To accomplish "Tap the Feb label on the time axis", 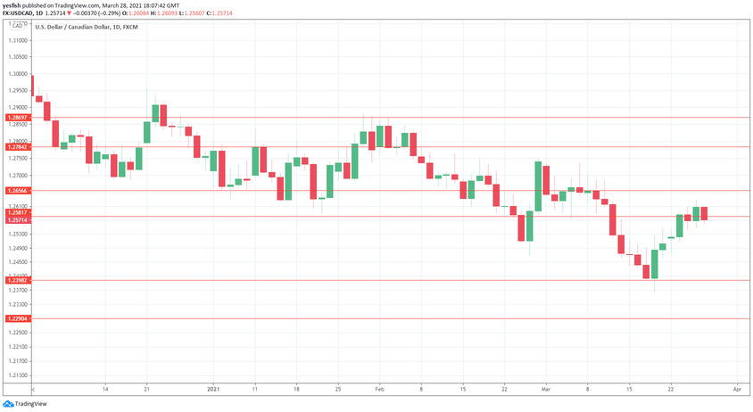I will coord(379,389).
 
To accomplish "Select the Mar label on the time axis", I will coord(546,389).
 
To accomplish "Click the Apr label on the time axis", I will coord(737,389).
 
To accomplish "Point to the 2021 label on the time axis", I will coord(213,389).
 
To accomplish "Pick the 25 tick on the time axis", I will coord(337,389).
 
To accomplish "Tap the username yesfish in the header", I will coord(12,5).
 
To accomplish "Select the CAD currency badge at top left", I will coord(16,26).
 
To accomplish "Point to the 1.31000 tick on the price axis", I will coord(16,41).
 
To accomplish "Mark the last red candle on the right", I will coord(704,213).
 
